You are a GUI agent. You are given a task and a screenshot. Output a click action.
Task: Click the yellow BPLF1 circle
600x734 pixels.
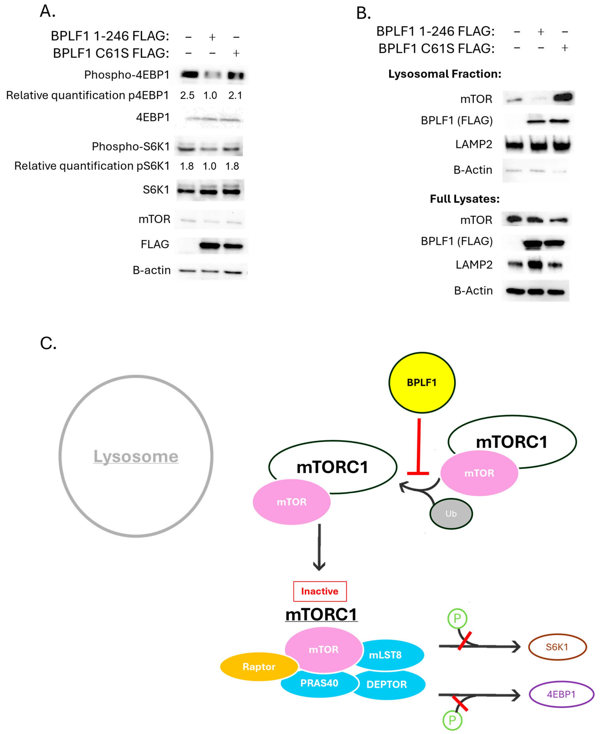[x=422, y=383]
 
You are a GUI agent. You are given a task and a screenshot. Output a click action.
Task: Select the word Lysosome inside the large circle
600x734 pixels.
[x=136, y=457]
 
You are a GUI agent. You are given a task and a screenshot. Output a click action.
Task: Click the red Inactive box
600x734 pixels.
[x=320, y=591]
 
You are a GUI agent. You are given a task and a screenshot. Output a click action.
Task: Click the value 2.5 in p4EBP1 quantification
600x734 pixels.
[x=187, y=95]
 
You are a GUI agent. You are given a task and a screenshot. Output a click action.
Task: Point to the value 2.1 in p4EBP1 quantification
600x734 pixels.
[x=235, y=95]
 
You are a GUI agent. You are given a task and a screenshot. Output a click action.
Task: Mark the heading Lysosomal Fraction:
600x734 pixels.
[x=444, y=74]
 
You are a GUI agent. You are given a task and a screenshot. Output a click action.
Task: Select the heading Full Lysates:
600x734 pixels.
[x=464, y=199]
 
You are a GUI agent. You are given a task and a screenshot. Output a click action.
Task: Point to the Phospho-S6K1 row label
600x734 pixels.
[x=131, y=146]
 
